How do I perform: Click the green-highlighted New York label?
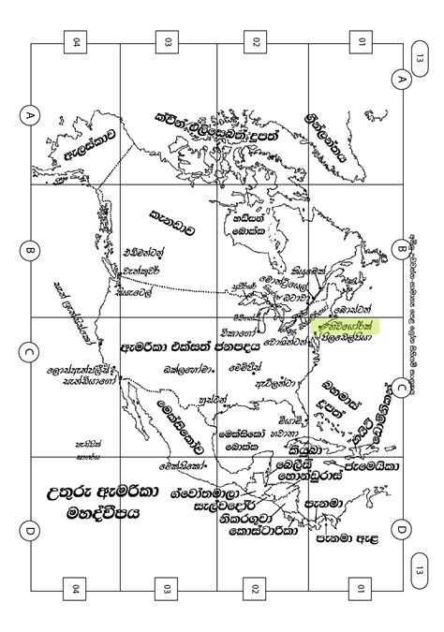[337, 324]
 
